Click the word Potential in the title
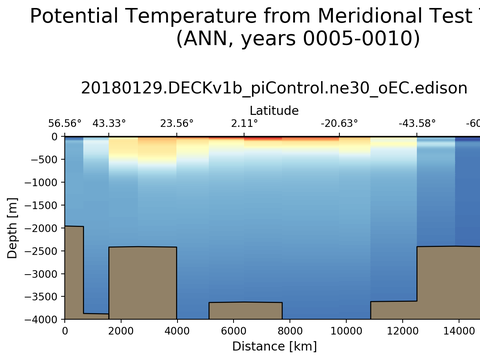pyautogui.click(x=74, y=16)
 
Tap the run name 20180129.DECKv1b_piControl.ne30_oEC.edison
pyautogui.click(x=274, y=88)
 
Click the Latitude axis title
pyautogui.click(x=274, y=110)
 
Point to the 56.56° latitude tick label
pyautogui.click(x=65, y=123)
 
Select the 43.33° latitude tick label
pyautogui.click(x=109, y=123)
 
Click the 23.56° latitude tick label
pyautogui.click(x=177, y=123)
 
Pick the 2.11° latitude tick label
pyautogui.click(x=244, y=123)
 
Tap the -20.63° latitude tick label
pyautogui.click(x=339, y=123)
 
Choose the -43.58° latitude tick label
pyautogui.click(x=417, y=123)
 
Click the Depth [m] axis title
pyautogui.click(x=12, y=228)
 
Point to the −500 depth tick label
pyautogui.click(x=44, y=159)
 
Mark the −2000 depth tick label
pyautogui.click(x=41, y=228)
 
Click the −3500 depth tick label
pyautogui.click(x=41, y=297)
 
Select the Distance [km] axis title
pyautogui.click(x=274, y=346)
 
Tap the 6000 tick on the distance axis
pyautogui.click(x=233, y=331)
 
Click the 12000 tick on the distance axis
pyautogui.click(x=402, y=331)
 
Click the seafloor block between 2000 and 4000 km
pyautogui.click(x=143, y=283)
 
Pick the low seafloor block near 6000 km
pyautogui.click(x=246, y=311)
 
